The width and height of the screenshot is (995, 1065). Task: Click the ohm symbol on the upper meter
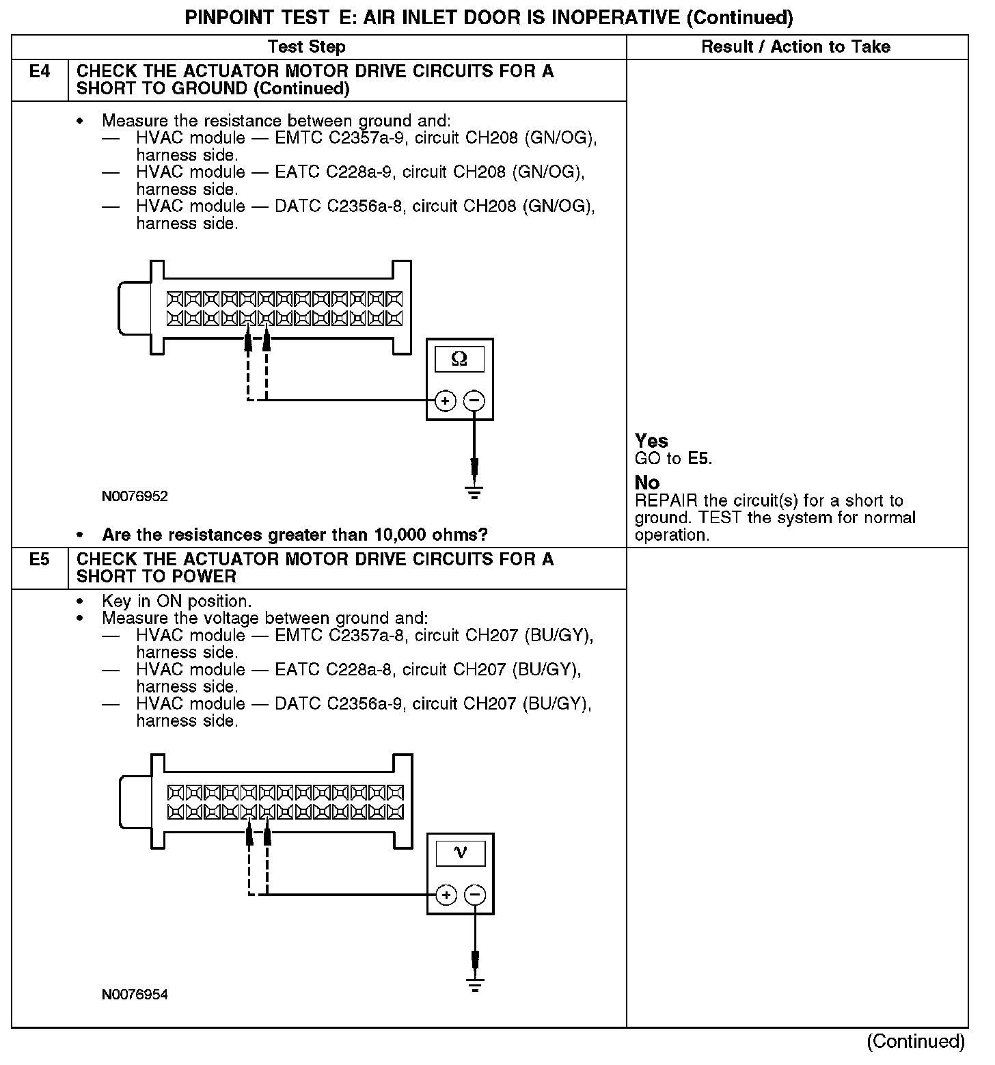pos(460,359)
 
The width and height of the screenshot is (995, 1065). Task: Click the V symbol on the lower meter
pos(461,852)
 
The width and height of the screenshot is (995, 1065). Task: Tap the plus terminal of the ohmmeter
pos(445,401)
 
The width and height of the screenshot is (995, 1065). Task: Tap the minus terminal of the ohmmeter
pos(474,401)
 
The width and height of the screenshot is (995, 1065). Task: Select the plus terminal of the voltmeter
pos(446,895)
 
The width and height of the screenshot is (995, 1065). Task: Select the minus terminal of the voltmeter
pos(475,895)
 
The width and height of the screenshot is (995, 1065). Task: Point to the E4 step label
pos(40,72)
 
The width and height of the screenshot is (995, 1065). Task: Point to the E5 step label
pos(40,560)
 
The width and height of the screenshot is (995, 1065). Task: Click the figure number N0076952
pos(135,496)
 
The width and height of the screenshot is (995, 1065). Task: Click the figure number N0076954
pos(135,995)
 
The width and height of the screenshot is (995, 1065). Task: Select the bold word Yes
pos(651,441)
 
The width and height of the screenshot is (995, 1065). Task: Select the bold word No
pos(647,483)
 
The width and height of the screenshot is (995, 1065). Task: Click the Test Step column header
pos(306,47)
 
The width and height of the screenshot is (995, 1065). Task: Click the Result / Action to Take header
pos(795,47)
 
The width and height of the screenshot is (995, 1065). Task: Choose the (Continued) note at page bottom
pos(916,1041)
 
